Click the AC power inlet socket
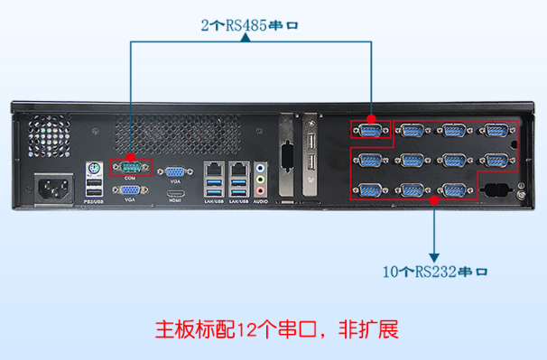coord(53,189)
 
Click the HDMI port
coord(177,193)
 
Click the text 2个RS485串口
coord(250,25)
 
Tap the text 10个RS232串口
coord(437,271)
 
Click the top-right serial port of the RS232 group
coord(494,131)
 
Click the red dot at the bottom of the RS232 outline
coord(436,201)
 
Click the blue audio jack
coord(262,168)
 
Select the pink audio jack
coord(262,189)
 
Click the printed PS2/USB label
coord(92,204)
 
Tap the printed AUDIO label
coord(262,204)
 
